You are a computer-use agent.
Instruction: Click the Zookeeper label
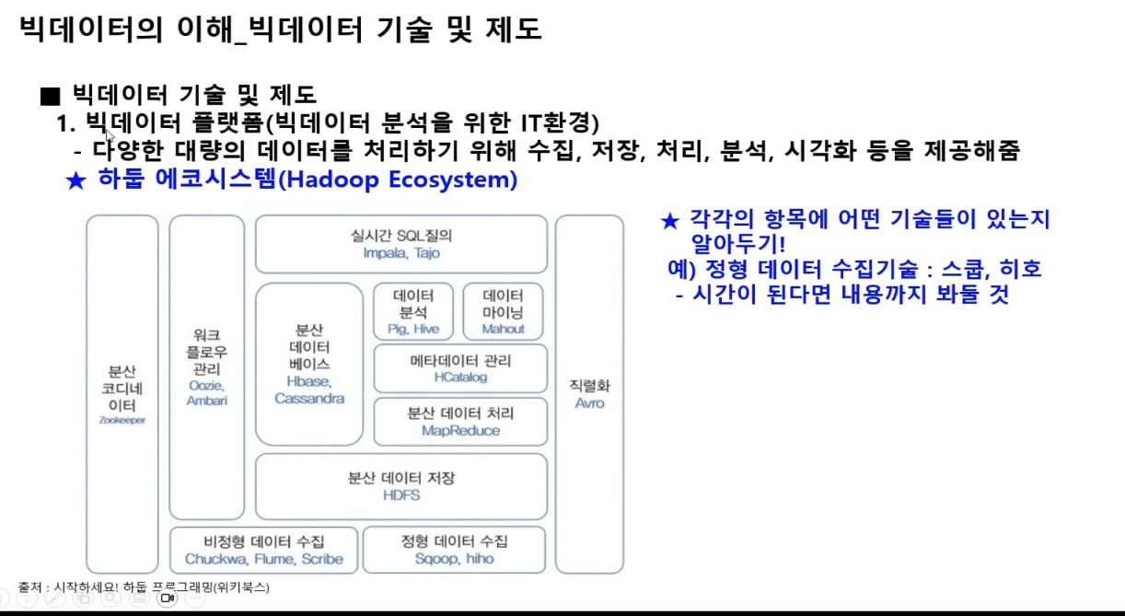(123, 420)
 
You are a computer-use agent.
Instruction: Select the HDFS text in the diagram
(400, 495)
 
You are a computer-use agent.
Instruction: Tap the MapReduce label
(460, 431)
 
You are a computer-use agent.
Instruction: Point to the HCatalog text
(460, 378)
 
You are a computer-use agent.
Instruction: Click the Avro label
(589, 403)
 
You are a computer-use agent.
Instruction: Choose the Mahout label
(503, 329)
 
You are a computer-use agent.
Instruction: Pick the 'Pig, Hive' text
(413, 329)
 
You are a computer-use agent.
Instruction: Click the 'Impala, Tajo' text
(401, 253)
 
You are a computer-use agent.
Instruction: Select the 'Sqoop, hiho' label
(454, 559)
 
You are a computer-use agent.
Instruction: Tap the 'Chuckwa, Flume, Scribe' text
(263, 559)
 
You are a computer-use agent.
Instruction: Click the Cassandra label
(309, 399)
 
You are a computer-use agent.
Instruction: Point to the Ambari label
(206, 401)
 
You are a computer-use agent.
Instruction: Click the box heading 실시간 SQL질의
(401, 236)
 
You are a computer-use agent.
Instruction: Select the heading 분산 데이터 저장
(400, 478)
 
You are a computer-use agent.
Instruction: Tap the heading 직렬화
(589, 386)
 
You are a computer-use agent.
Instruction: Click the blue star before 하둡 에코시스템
(75, 180)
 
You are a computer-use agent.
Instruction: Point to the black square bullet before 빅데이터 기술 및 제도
(50, 95)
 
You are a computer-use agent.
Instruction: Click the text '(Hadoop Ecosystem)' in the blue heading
(397, 180)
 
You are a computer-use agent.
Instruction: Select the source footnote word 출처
(30, 587)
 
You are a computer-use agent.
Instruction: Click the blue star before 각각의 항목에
(670, 221)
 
